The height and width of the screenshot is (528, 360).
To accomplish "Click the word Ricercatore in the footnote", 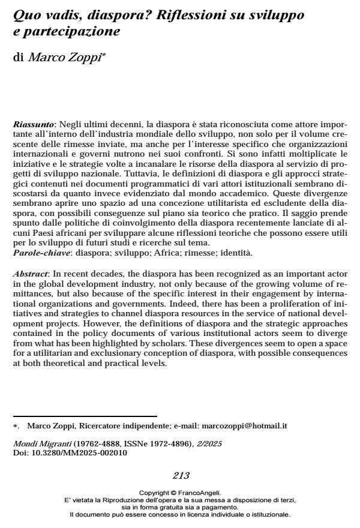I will pos(83,425).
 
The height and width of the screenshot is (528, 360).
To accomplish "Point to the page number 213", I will pos(181,476).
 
